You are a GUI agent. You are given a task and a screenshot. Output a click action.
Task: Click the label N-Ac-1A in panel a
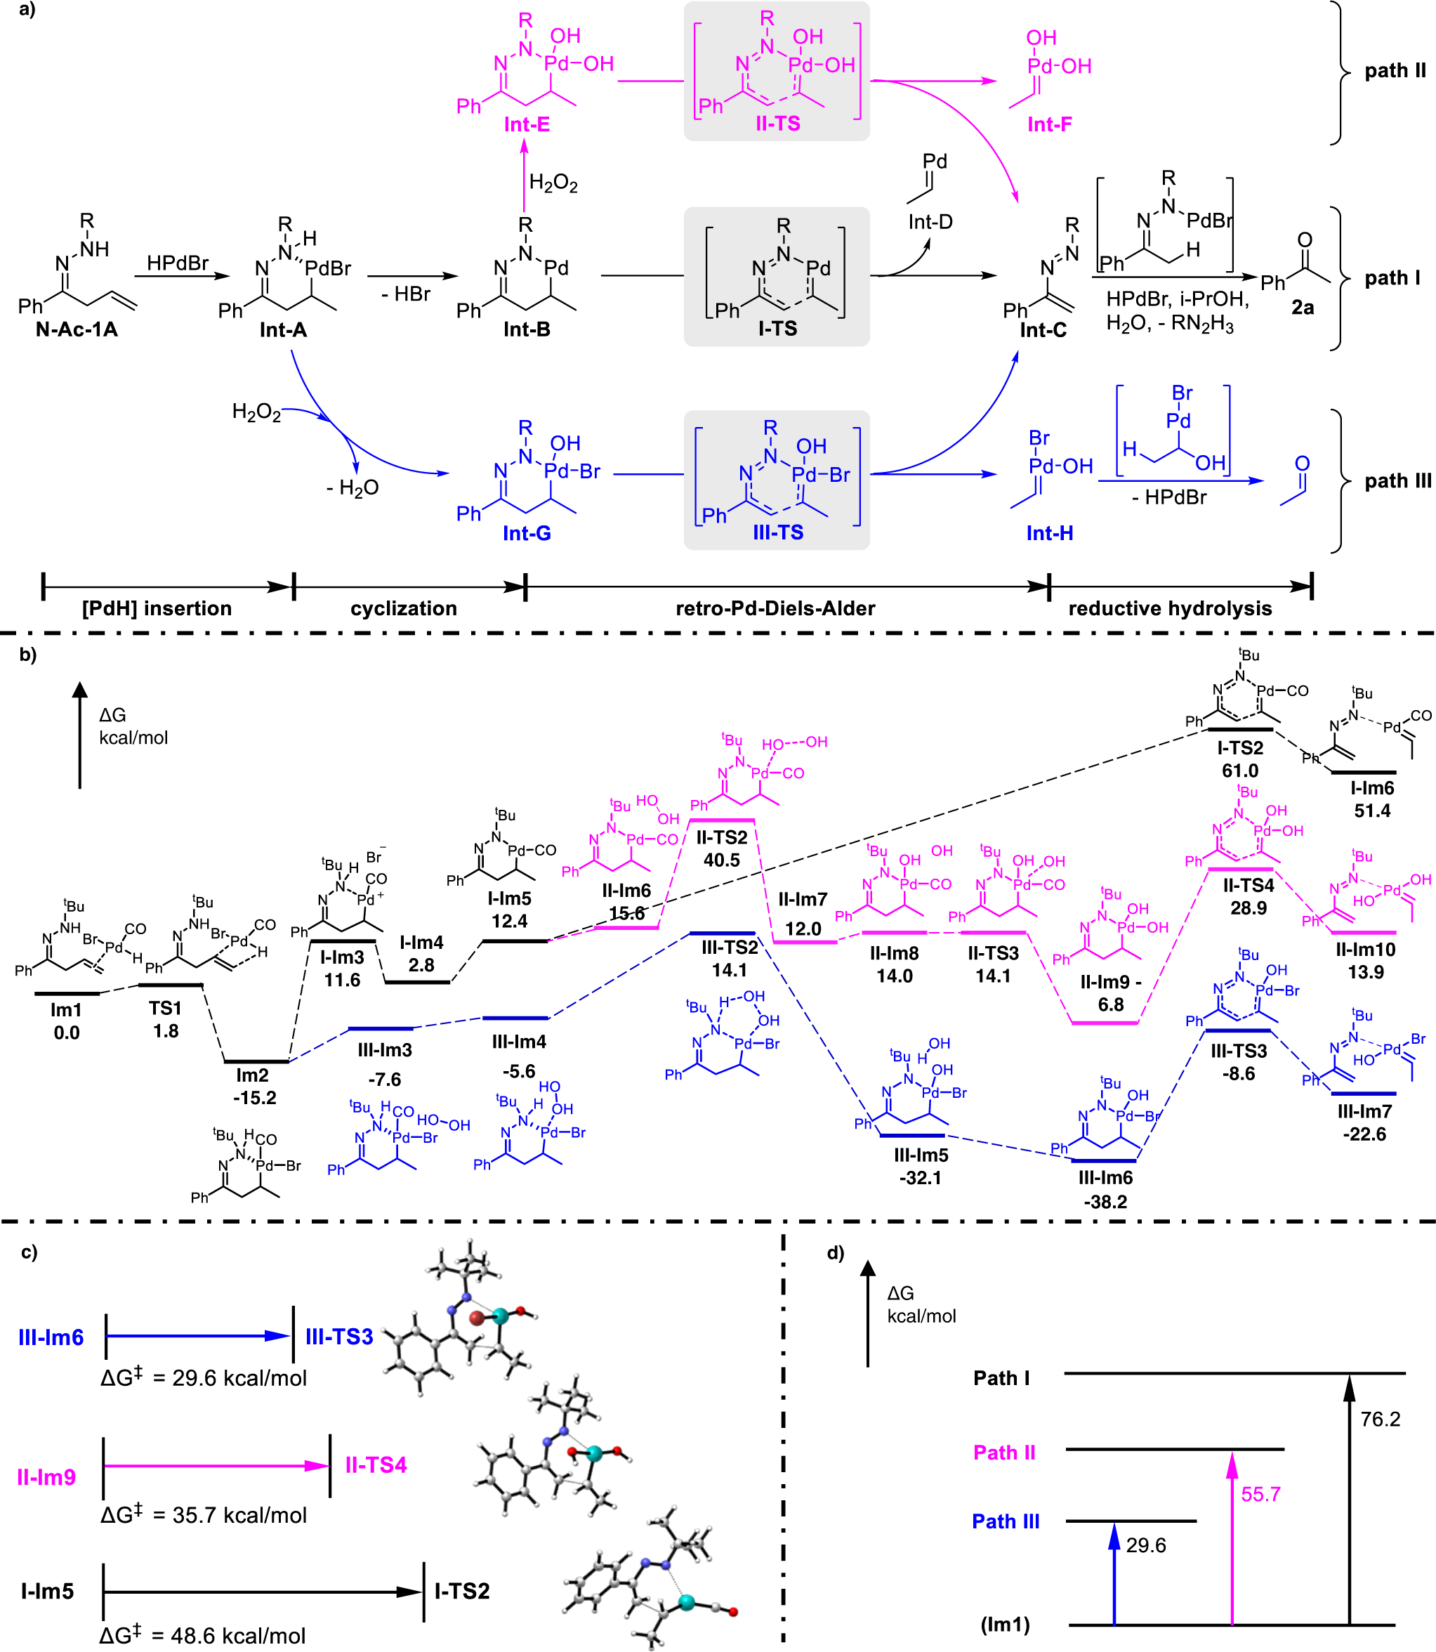[77, 329]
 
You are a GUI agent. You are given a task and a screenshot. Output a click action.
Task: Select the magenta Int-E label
[527, 124]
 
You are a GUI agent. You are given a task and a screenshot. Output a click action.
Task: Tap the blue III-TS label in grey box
[777, 532]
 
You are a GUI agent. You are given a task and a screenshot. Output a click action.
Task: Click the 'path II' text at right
[1395, 70]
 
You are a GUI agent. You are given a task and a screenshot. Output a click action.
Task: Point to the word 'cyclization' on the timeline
[404, 608]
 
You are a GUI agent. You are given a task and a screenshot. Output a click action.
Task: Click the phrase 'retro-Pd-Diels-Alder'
[775, 608]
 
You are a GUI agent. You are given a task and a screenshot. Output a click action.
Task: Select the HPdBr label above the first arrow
[178, 263]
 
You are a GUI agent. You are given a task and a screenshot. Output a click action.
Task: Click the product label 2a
[1302, 308]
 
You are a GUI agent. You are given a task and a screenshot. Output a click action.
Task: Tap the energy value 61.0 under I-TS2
[1239, 771]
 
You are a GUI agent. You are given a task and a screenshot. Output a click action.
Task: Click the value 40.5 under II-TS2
[721, 860]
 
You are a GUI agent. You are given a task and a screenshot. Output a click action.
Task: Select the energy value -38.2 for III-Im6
[1105, 1202]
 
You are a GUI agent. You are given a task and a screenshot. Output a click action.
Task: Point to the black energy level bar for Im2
[256, 1061]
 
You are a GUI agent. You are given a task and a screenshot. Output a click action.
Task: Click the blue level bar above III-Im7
[1363, 1094]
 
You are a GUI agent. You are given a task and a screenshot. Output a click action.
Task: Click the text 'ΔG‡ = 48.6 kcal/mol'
[203, 1635]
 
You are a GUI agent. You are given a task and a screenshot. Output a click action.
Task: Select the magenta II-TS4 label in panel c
[376, 1465]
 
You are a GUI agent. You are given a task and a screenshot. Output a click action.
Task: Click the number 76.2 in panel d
[1380, 1420]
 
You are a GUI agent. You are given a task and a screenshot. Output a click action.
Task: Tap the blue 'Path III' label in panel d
[1006, 1521]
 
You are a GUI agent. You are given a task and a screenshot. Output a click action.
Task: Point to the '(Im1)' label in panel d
[1005, 1625]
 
